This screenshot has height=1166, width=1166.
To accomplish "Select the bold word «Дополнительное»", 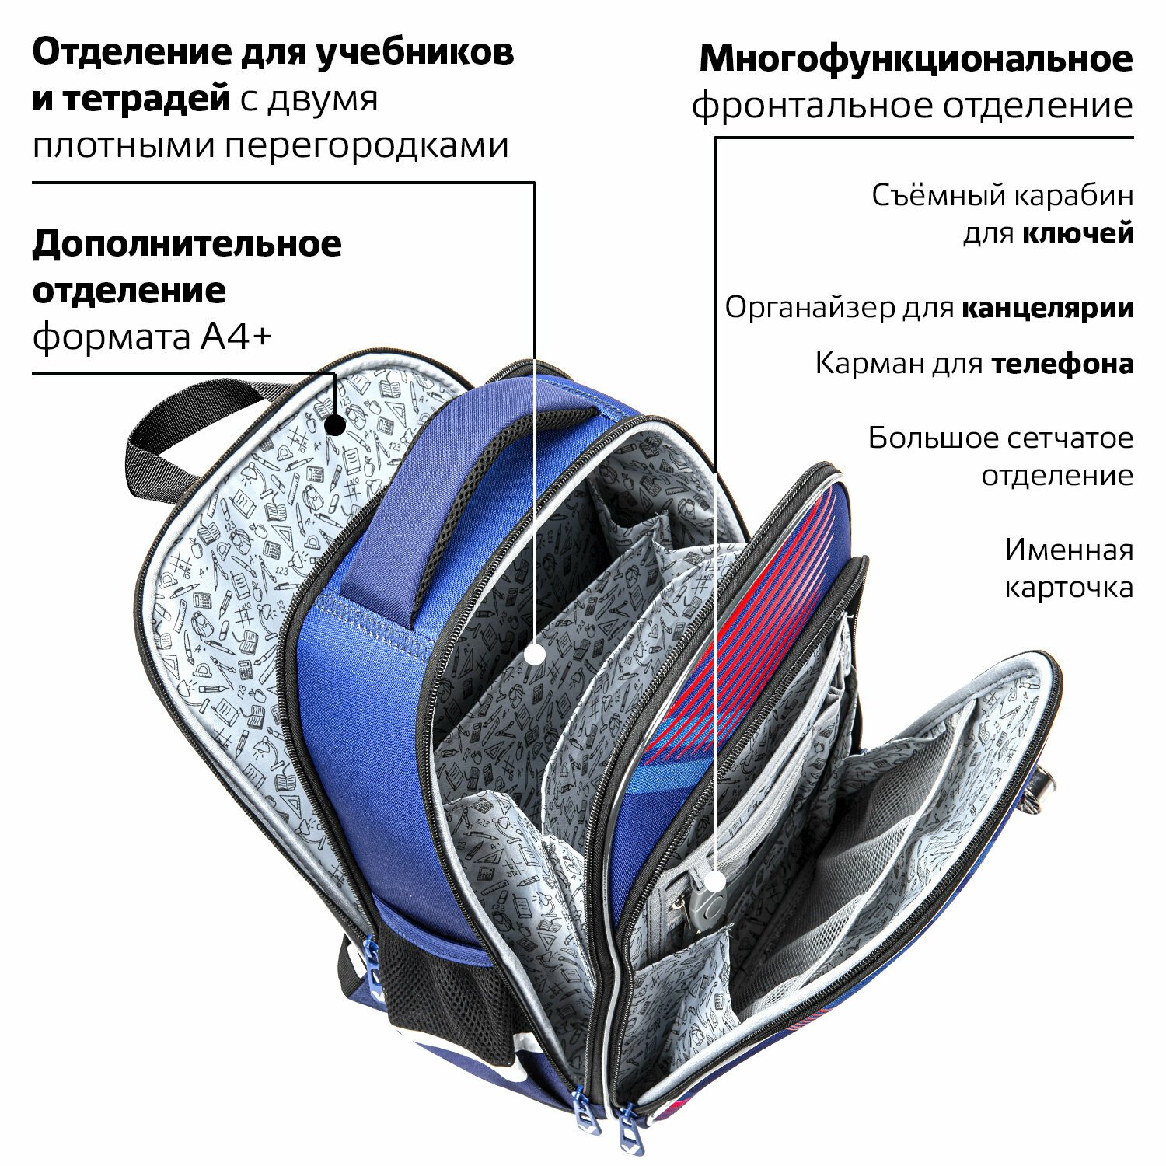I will tap(187, 244).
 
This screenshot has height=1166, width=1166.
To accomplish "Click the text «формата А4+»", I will tap(152, 337).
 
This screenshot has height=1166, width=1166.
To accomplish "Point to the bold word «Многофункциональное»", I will tap(916, 59).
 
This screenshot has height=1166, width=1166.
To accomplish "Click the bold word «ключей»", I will tap(1078, 232).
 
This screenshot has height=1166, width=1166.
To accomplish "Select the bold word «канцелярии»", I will tap(1047, 308).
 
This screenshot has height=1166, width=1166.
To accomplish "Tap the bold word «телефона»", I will tap(1062, 364).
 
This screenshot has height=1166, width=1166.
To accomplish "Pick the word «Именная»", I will tap(1069, 550).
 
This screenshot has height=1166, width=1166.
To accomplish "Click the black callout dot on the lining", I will tap(335, 425).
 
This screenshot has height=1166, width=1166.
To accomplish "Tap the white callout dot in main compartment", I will tap(535, 654).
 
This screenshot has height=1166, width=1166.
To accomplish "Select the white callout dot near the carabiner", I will tap(715, 881).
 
